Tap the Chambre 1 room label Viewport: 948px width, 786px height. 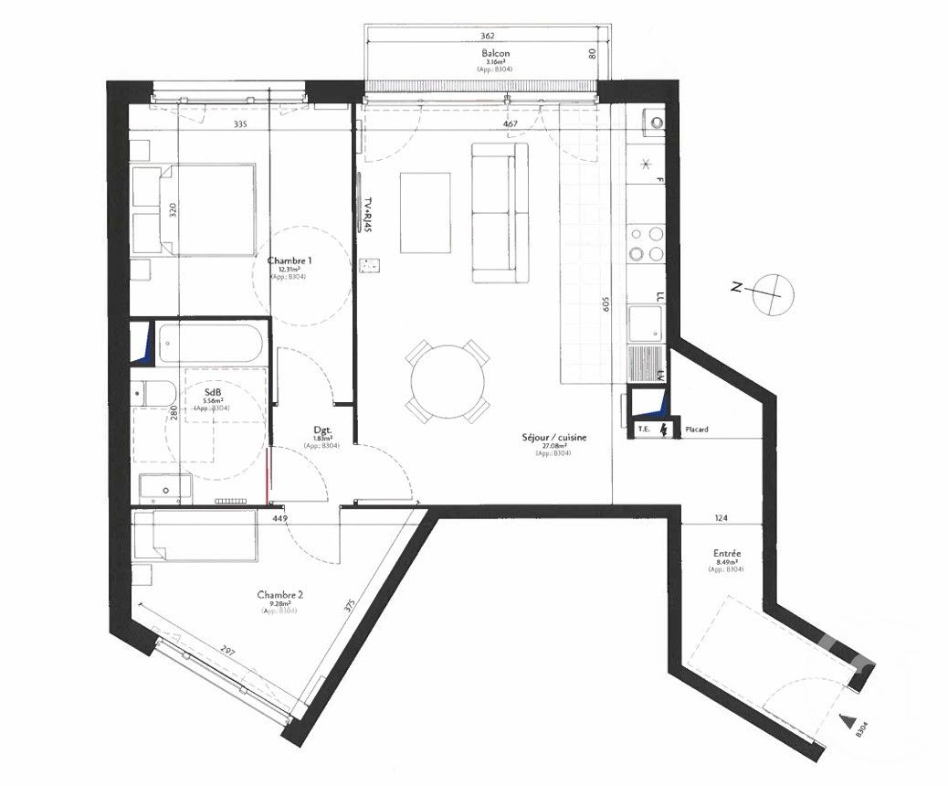coord(290,260)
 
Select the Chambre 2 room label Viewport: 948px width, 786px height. coord(280,593)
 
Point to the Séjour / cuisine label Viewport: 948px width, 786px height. coord(553,438)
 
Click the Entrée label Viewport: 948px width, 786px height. coord(727,554)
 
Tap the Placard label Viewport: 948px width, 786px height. coord(697,430)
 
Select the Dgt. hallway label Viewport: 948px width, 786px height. coord(321,430)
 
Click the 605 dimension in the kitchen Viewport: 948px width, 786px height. coord(605,304)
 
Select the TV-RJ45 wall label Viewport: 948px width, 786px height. coord(368,215)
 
